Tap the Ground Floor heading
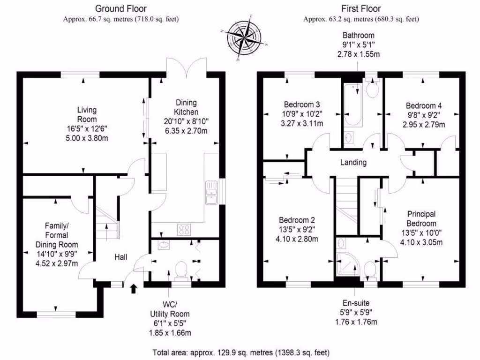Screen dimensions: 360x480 (120, 8)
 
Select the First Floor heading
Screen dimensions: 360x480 (361, 8)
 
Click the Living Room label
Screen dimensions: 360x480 (87, 111)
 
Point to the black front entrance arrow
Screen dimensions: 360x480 (133, 287)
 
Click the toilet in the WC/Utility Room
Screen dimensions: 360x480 (180, 271)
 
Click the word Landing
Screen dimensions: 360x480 (353, 163)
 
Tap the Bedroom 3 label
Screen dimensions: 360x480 (301, 104)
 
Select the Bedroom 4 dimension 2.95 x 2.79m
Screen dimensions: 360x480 (424, 124)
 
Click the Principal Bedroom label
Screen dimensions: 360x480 (421, 218)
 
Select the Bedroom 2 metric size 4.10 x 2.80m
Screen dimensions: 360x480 (297, 239)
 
